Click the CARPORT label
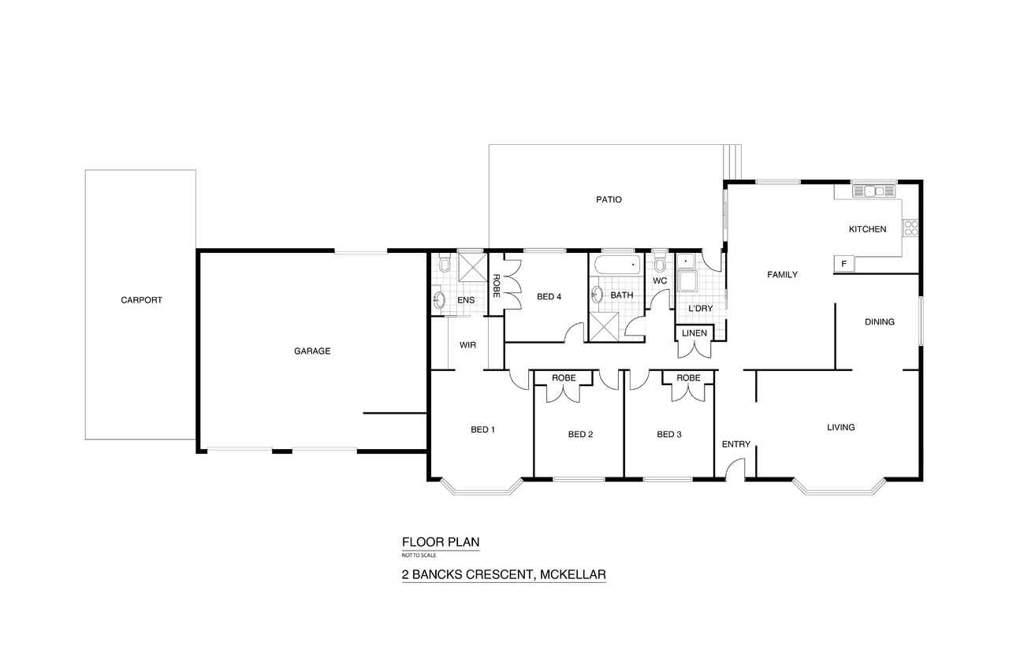click(x=141, y=300)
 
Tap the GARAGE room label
click(x=312, y=351)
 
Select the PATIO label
click(x=609, y=199)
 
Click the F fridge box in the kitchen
click(x=844, y=264)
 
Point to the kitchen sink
click(x=874, y=191)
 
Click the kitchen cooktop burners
click(x=910, y=228)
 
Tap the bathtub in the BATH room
click(x=617, y=265)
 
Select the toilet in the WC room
click(x=660, y=262)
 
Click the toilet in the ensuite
click(x=445, y=263)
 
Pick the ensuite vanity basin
click(x=439, y=300)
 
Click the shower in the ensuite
click(x=472, y=268)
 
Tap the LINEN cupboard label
click(x=694, y=333)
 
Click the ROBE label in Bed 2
click(x=564, y=378)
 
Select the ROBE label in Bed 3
click(x=688, y=378)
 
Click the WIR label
click(x=467, y=345)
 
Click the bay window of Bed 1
click(x=482, y=488)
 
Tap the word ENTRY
click(x=736, y=444)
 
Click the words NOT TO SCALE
click(x=419, y=555)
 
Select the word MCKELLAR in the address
click(x=573, y=575)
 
